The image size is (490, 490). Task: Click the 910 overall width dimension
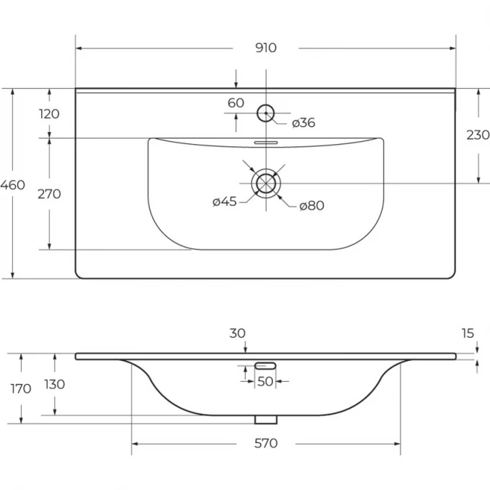[x=266, y=48]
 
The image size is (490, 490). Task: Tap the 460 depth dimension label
[x=12, y=185]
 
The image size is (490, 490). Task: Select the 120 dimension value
[x=49, y=114]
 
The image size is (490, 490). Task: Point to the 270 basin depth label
[x=49, y=194]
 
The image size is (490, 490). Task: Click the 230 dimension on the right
[x=478, y=135]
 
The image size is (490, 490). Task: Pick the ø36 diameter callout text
[x=303, y=122]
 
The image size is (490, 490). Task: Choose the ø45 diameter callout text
[x=224, y=202]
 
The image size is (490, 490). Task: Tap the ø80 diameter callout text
[x=311, y=205]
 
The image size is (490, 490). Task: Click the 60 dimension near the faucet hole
[x=236, y=103]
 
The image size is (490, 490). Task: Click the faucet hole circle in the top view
[x=266, y=105]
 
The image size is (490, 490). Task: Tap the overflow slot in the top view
[x=266, y=143]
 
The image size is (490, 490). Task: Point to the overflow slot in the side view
[x=265, y=365]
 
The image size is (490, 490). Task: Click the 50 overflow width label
[x=265, y=382]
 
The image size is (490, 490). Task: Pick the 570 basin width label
[x=266, y=443]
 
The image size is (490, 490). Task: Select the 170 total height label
[x=21, y=388]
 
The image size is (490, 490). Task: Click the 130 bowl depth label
[x=54, y=384]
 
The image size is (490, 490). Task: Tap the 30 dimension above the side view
[x=237, y=334]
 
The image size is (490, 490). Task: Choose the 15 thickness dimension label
[x=468, y=334]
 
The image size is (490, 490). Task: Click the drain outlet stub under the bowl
[x=266, y=419]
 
